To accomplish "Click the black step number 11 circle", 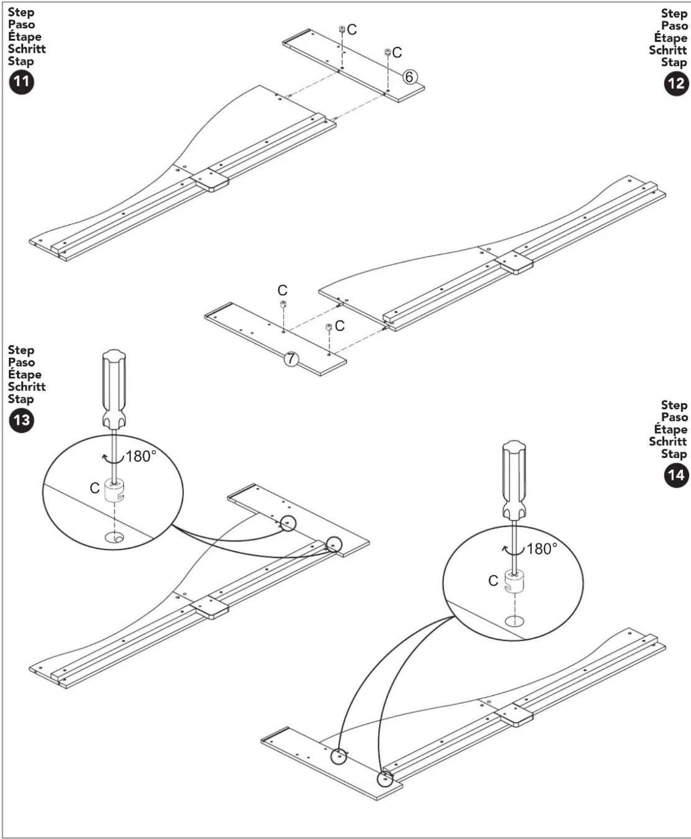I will [x=21, y=82].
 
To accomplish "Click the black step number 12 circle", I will [x=676, y=84].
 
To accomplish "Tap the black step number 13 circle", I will [x=21, y=420].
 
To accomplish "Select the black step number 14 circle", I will [x=676, y=475].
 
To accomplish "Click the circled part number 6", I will [x=410, y=77].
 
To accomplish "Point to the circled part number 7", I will [x=291, y=358].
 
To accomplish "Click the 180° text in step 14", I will [x=542, y=549].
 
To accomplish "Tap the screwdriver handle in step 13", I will [x=114, y=387].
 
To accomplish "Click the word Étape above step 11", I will [x=24, y=37].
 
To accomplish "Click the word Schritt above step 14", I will [x=668, y=441].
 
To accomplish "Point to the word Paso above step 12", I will [x=674, y=26].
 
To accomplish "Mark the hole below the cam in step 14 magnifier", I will [x=514, y=621].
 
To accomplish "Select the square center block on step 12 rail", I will [x=514, y=263].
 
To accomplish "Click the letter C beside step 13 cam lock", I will [x=95, y=488].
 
